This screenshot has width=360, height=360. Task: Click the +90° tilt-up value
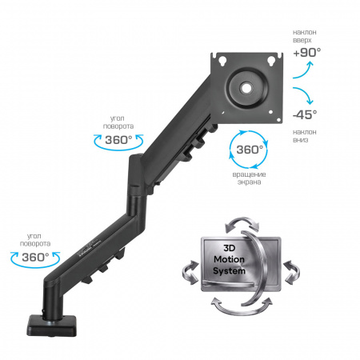307,53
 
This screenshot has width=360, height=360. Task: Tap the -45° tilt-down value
305,114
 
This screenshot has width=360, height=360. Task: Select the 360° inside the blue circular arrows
250,150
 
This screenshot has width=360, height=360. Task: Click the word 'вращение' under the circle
249,174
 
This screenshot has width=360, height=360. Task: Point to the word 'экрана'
249,182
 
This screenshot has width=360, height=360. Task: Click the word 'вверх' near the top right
302,40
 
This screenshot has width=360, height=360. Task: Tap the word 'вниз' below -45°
301,140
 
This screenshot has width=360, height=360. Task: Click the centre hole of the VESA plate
247,88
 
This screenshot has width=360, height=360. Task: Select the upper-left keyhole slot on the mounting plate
222,61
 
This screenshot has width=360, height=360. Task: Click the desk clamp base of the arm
51,325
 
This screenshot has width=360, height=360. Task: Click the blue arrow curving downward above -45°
304,95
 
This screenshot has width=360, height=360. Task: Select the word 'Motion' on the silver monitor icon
230,259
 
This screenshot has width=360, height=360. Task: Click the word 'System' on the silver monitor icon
229,271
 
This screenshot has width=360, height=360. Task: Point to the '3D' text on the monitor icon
230,248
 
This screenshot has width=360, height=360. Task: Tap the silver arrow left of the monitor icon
190,273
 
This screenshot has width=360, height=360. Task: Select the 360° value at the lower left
35,258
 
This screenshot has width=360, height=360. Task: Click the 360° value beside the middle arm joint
118,140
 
